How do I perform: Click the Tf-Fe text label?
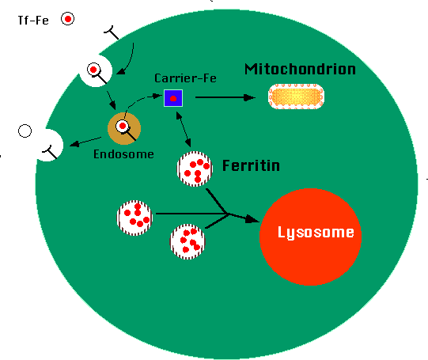point(33,21)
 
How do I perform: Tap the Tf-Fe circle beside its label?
point(67,19)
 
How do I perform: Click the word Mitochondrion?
point(300,70)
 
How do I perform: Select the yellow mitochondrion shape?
point(296,97)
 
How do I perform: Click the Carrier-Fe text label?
point(185,78)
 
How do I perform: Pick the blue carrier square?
point(173,98)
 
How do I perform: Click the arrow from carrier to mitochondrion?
point(225,97)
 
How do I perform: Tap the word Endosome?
point(123,154)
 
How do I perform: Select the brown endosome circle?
point(124,128)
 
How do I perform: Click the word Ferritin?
point(251,165)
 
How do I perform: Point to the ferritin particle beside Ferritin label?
point(195,169)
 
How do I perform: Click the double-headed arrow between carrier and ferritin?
point(184,130)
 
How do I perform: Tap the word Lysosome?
point(316,233)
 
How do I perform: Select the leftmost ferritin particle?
point(134,218)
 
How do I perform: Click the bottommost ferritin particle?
point(187,241)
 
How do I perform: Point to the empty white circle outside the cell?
point(25,131)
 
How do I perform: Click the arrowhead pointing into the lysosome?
point(252,219)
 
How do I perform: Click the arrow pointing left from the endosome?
point(85,142)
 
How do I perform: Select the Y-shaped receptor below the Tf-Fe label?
point(112,33)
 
